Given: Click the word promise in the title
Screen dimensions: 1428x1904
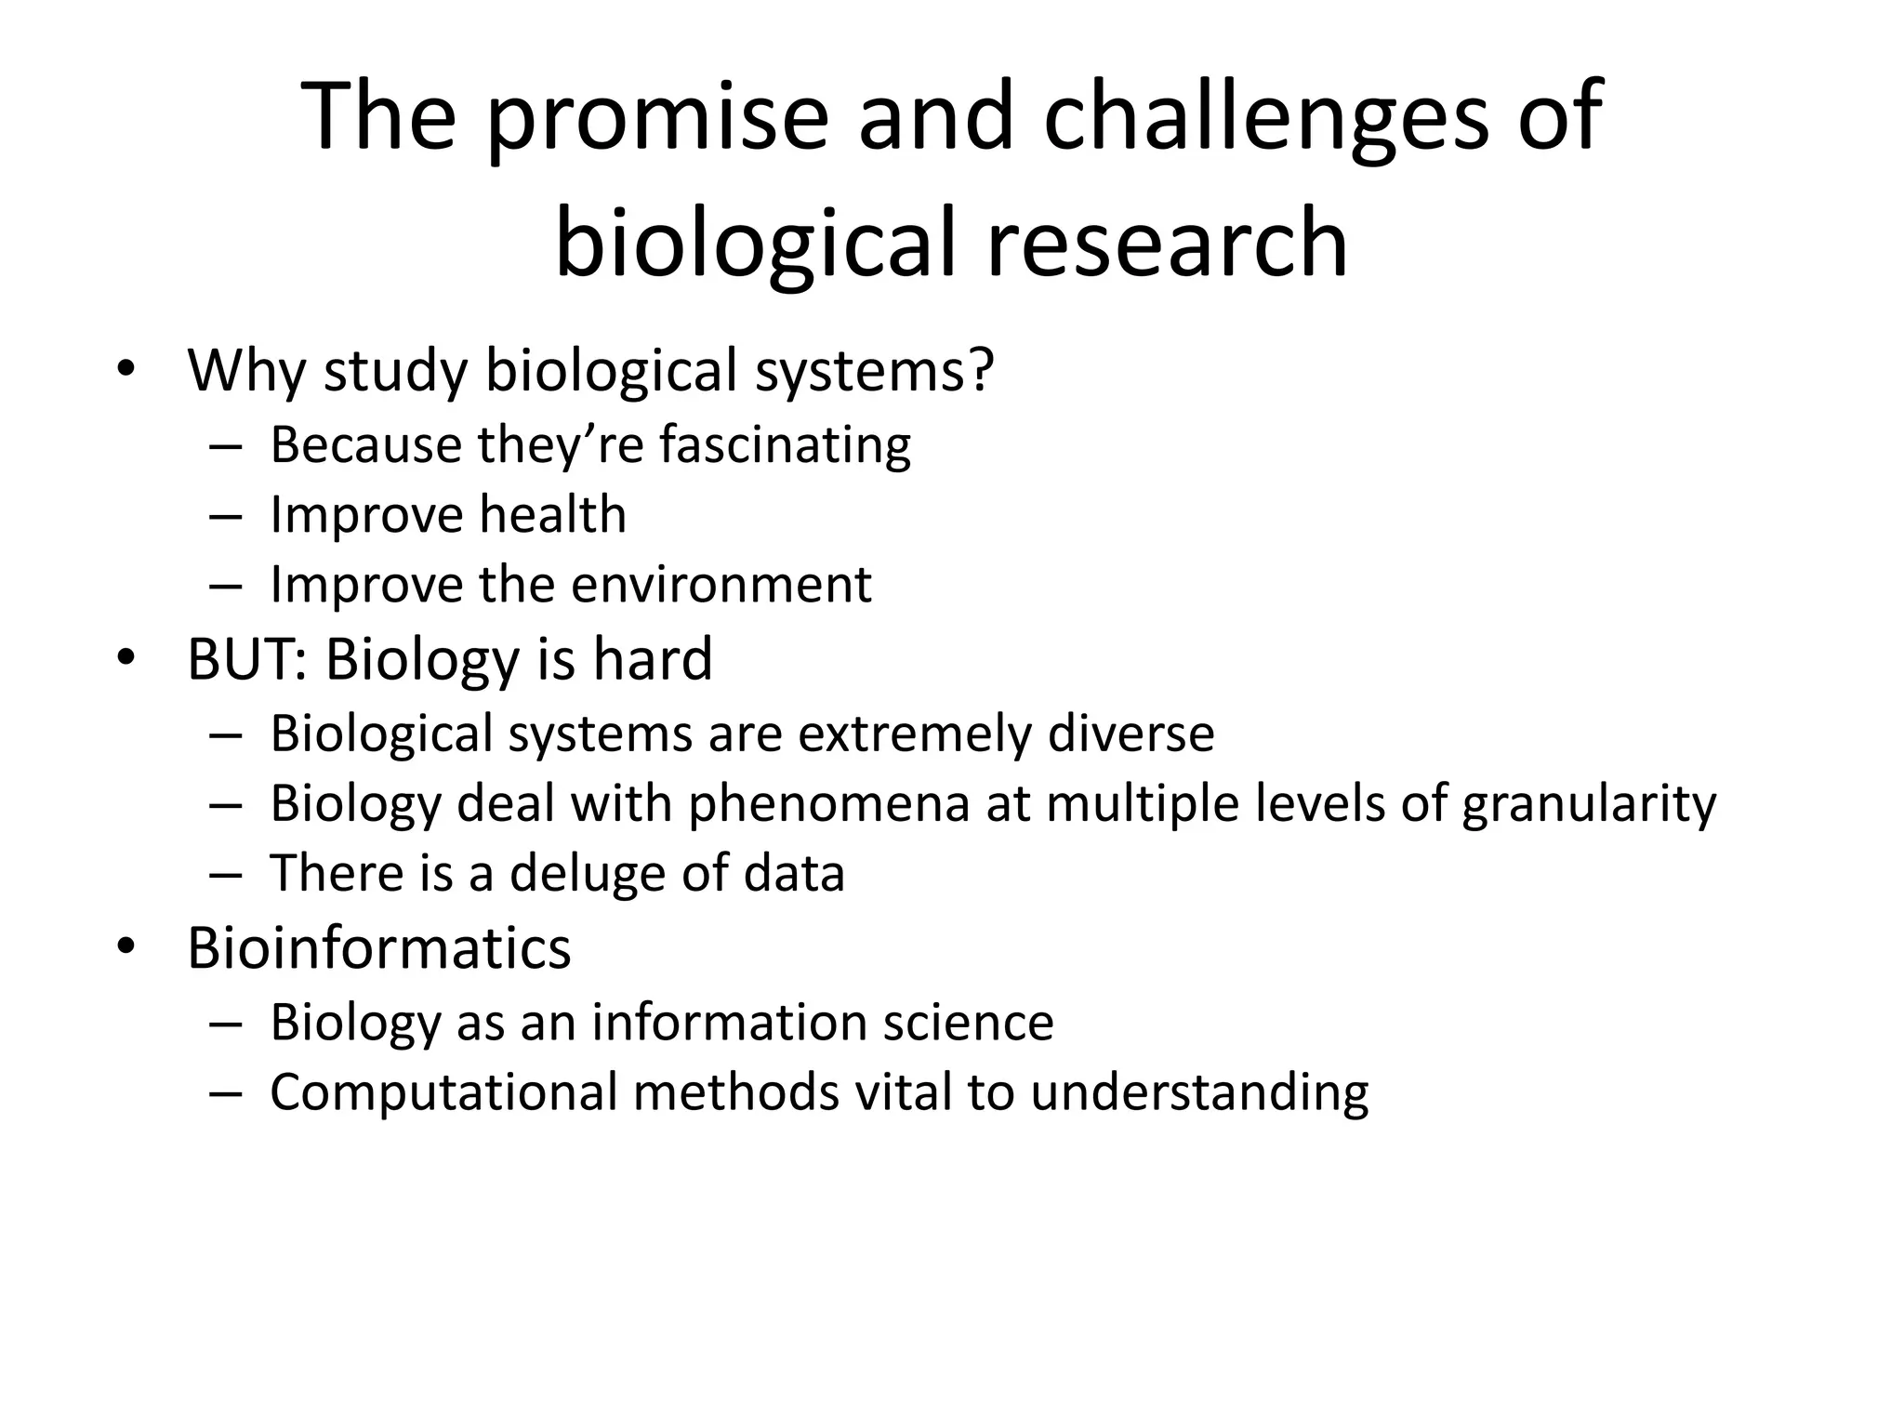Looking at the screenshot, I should tap(656, 118).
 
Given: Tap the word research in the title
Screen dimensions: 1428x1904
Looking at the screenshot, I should tap(1167, 244).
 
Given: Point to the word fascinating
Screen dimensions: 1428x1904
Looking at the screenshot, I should tap(786, 444).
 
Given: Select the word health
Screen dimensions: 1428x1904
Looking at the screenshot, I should tap(552, 514).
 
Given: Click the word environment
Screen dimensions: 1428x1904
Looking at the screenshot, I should tap(721, 585).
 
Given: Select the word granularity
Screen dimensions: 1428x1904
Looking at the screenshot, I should tap(1589, 804).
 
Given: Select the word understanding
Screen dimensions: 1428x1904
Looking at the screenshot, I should tap(1199, 1092).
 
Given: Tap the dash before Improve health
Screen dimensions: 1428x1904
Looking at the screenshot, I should tap(225, 516).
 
